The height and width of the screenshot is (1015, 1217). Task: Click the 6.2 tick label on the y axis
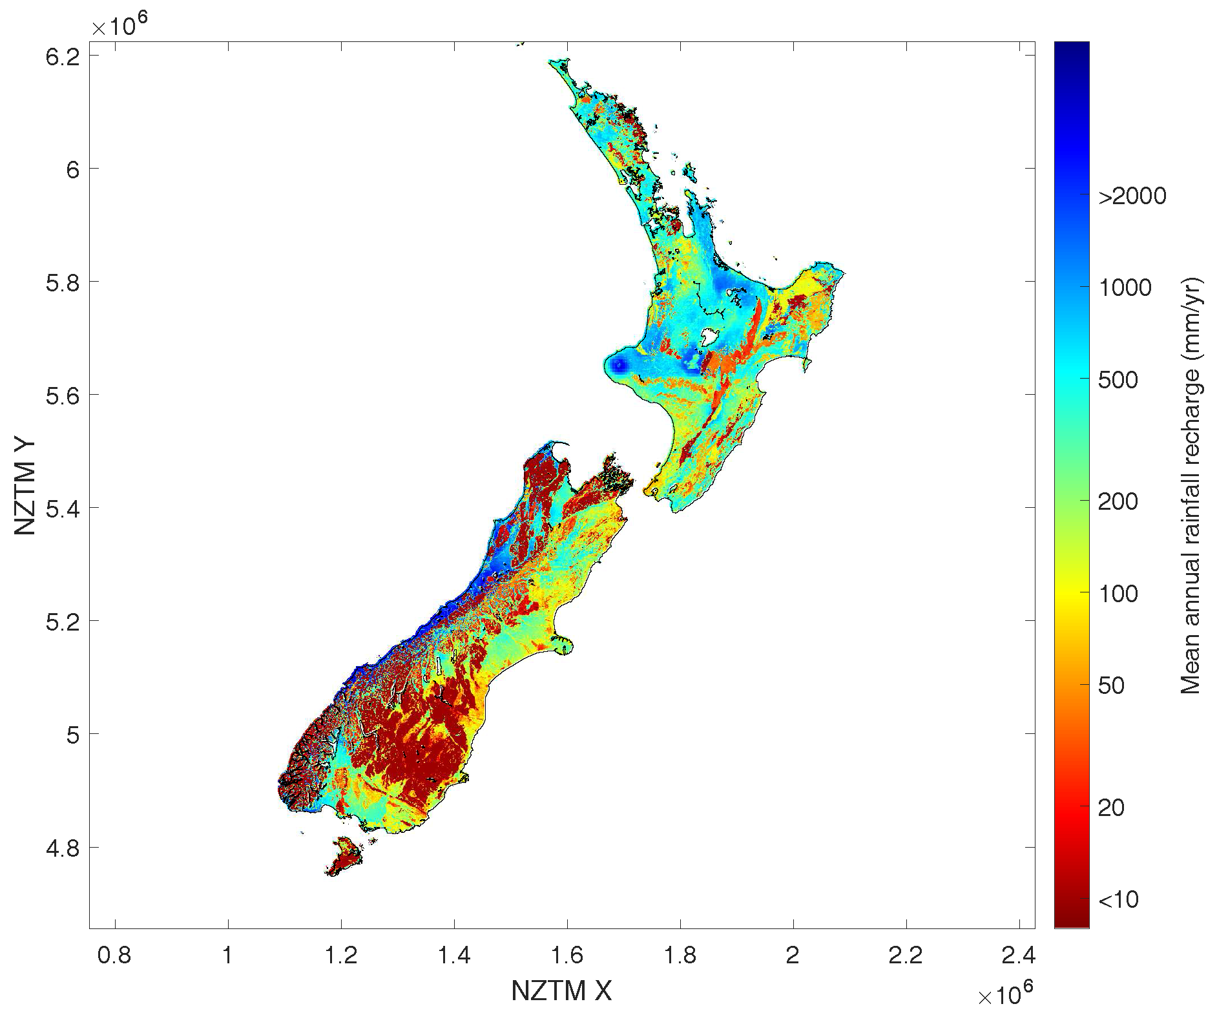62,57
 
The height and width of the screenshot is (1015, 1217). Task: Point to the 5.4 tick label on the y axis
62,509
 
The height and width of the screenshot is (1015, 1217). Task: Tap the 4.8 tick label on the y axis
62,848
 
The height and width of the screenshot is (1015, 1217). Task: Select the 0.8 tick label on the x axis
114,955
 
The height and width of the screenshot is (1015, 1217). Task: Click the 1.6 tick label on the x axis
567,955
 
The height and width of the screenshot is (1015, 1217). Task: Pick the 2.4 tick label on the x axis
1018,955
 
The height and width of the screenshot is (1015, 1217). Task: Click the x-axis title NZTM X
561,990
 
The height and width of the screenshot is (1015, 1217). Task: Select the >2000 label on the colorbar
1132,196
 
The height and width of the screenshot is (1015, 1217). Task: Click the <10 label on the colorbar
1118,899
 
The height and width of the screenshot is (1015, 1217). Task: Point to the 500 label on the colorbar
1118,380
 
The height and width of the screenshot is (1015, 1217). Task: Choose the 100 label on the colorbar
1118,594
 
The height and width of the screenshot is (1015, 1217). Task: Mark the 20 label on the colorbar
1111,808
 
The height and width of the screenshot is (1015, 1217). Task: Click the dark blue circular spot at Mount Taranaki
618,365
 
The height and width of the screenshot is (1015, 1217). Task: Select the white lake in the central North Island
709,337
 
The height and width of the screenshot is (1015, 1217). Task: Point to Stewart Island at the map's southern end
344,856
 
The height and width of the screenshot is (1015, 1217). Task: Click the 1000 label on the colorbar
1125,288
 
